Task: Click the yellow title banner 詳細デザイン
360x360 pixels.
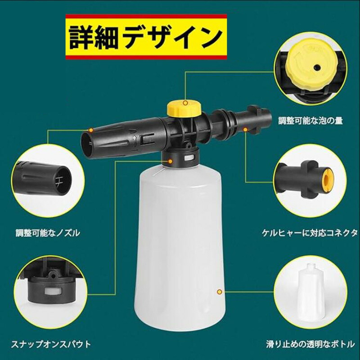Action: [146, 37]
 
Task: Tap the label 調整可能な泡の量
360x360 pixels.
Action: [310, 121]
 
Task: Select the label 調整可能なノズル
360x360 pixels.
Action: [48, 233]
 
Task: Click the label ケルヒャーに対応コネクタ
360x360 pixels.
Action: [310, 233]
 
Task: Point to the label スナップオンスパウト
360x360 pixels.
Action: [51, 344]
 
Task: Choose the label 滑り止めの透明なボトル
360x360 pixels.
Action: [310, 344]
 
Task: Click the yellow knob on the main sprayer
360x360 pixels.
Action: [184, 108]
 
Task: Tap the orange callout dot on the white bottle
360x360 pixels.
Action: [220, 292]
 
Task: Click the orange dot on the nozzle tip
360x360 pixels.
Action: [91, 130]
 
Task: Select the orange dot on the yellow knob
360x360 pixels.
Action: [185, 103]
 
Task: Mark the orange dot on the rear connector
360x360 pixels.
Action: [245, 130]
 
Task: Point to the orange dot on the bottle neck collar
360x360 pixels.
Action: [170, 161]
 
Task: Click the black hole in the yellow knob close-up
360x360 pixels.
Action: [317, 67]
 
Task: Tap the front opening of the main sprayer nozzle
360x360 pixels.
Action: [87, 144]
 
